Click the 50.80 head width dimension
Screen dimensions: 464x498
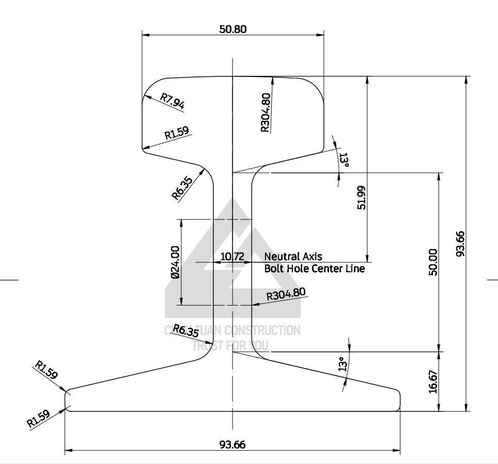(233, 29)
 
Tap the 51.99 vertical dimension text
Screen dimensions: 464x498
(362, 197)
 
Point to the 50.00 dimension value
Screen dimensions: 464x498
(433, 262)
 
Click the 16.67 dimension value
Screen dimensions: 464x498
(433, 382)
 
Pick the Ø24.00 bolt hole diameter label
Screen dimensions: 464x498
(175, 262)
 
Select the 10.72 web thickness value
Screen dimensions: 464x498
(232, 257)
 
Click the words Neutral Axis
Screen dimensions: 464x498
(293, 257)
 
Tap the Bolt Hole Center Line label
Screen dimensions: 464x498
(314, 269)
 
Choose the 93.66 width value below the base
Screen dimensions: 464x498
(232, 444)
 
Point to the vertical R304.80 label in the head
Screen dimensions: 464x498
(266, 113)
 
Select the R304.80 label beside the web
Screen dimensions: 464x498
(286, 295)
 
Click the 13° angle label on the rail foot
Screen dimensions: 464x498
(341, 364)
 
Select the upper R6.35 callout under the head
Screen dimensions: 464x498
(181, 189)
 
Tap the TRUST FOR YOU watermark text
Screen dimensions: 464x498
(230, 345)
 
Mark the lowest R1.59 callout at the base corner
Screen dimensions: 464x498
(39, 418)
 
